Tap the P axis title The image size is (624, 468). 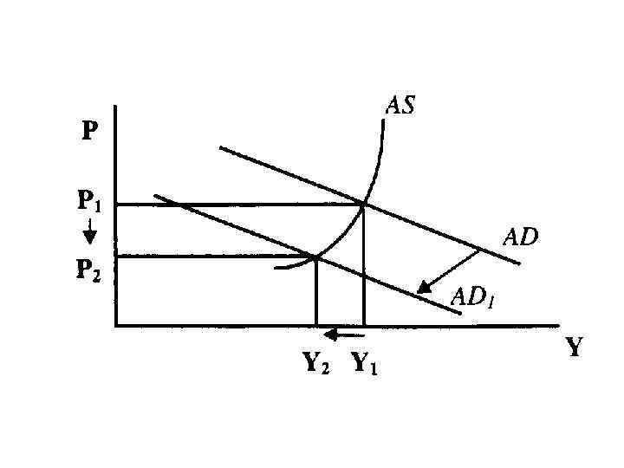click(x=90, y=133)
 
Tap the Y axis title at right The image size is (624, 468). click(x=575, y=348)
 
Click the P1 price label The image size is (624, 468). click(x=90, y=202)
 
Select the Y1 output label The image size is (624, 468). click(x=364, y=364)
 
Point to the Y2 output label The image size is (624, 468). click(x=315, y=364)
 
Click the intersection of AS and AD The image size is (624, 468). click(x=363, y=205)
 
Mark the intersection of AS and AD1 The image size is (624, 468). click(x=315, y=257)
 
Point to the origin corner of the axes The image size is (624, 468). click(x=115, y=326)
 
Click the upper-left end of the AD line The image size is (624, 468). click(x=221, y=147)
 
